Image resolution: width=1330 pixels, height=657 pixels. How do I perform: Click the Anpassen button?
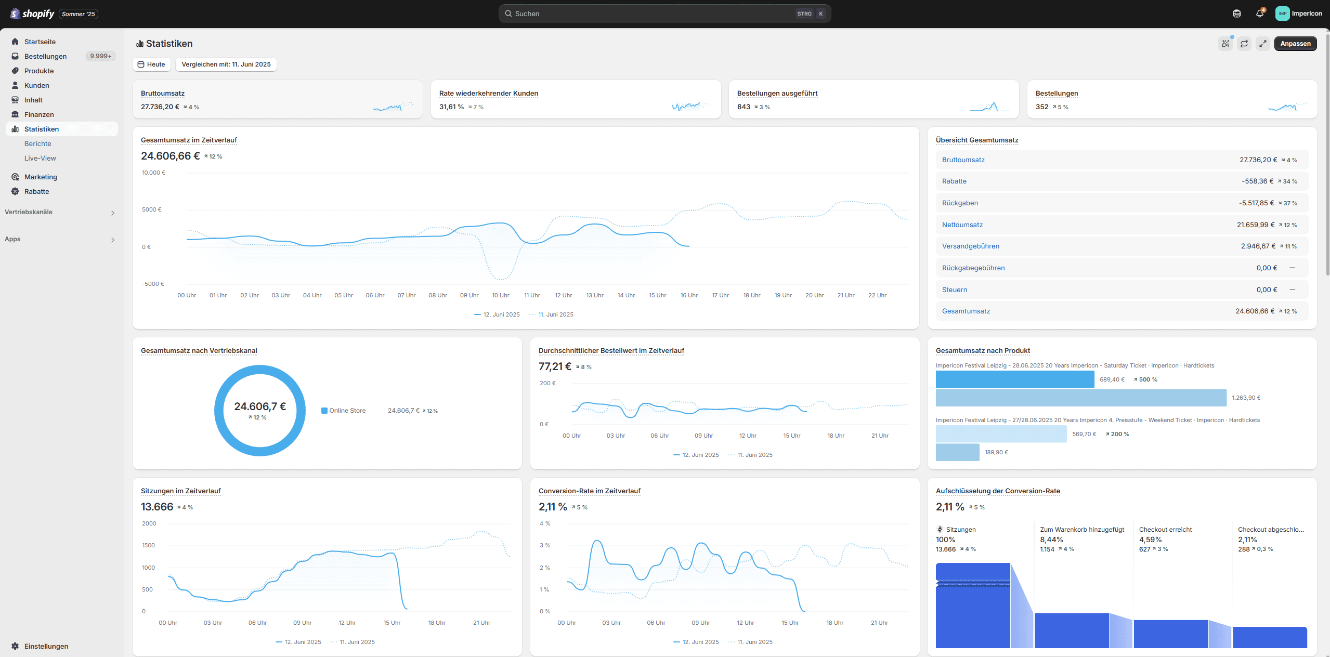click(x=1295, y=44)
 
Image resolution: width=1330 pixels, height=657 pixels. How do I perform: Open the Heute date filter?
click(x=151, y=64)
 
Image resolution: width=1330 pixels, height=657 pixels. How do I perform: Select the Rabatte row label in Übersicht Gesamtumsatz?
click(x=954, y=181)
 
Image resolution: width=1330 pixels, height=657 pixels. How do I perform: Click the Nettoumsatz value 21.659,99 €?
click(x=1256, y=225)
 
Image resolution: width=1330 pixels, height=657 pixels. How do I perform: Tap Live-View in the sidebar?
click(x=40, y=159)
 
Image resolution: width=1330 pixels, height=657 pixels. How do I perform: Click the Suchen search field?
click(x=664, y=14)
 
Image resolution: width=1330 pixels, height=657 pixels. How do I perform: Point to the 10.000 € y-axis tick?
click(x=153, y=173)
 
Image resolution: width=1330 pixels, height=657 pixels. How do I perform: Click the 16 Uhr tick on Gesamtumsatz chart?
click(x=689, y=295)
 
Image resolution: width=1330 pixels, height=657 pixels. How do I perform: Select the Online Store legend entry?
click(x=343, y=411)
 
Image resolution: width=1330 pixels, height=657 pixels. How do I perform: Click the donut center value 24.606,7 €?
click(x=260, y=406)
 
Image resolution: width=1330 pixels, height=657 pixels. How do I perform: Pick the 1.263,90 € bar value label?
click(x=1246, y=398)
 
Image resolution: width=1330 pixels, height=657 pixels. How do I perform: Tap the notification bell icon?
click(x=1259, y=14)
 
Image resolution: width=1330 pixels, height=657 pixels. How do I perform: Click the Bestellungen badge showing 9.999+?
click(x=101, y=56)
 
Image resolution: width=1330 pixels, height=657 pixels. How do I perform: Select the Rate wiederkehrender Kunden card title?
click(x=488, y=94)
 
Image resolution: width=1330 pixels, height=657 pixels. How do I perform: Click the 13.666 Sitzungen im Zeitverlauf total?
click(x=157, y=507)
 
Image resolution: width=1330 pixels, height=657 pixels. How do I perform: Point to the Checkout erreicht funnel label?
click(x=1165, y=530)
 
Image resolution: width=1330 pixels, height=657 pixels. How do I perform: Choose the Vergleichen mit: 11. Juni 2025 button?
click(x=226, y=64)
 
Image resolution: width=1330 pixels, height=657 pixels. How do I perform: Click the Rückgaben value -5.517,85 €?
click(x=1256, y=203)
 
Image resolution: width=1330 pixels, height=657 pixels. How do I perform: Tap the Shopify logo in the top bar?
click(x=32, y=14)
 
